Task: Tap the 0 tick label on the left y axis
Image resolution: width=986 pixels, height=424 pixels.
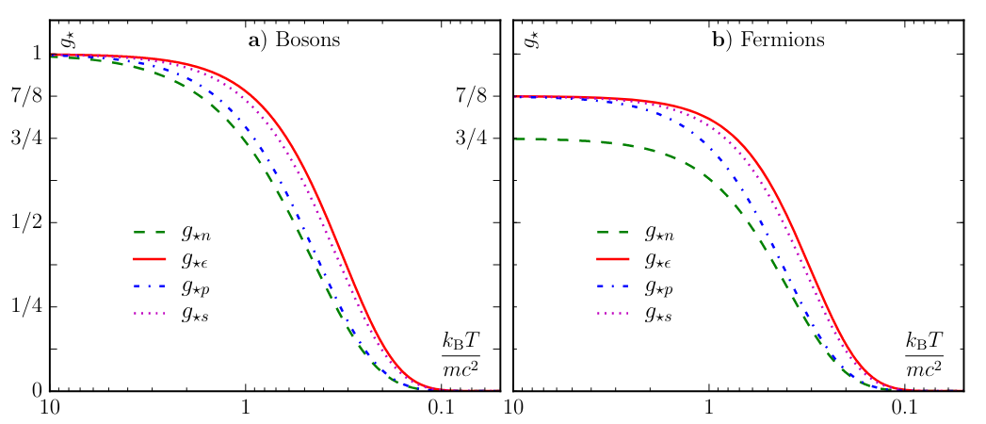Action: pyautogui.click(x=36, y=390)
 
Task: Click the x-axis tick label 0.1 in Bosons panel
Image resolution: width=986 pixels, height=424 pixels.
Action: pyautogui.click(x=442, y=409)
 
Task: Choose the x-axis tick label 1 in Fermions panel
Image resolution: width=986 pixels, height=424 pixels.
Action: pyautogui.click(x=709, y=409)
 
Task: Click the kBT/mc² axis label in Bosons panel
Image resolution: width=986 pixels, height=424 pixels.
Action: pyautogui.click(x=461, y=354)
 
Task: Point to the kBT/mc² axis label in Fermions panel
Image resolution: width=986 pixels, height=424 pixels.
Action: pyautogui.click(x=925, y=354)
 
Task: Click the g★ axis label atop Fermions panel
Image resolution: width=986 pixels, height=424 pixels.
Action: pyautogui.click(x=529, y=39)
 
